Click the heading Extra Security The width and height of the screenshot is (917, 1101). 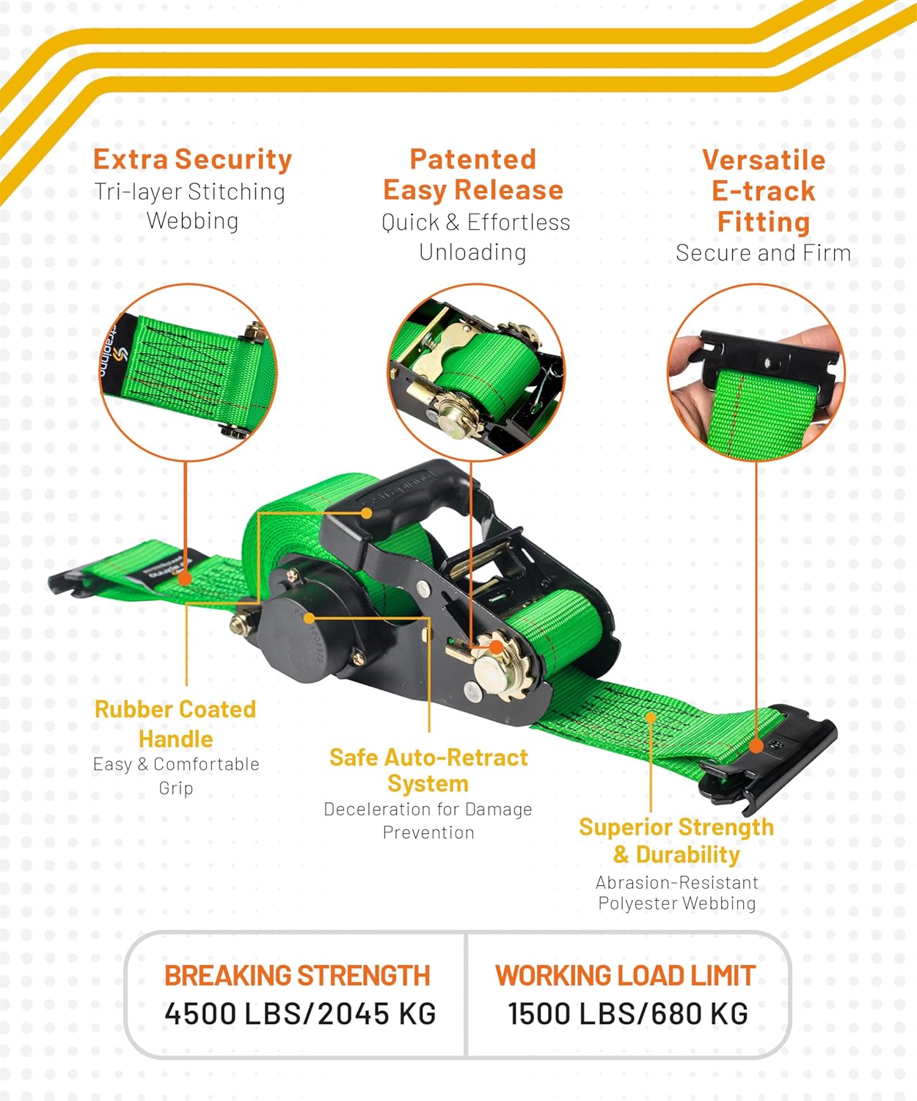pyautogui.click(x=192, y=159)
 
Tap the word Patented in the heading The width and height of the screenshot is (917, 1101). pyautogui.click(x=472, y=159)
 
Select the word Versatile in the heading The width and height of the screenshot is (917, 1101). pyautogui.click(x=763, y=160)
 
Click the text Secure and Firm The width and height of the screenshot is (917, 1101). pyautogui.click(x=763, y=253)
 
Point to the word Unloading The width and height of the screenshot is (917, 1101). pyautogui.click(x=472, y=252)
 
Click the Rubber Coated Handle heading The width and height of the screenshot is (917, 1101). pyautogui.click(x=175, y=724)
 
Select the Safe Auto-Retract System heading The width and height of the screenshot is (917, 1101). pyautogui.click(x=428, y=770)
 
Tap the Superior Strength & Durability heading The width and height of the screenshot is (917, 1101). pyautogui.click(x=676, y=840)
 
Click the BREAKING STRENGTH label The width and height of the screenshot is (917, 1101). pyautogui.click(x=297, y=975)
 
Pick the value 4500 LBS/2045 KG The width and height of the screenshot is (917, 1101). pyautogui.click(x=300, y=1014)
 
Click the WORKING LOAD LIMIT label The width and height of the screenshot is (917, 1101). pyautogui.click(x=625, y=975)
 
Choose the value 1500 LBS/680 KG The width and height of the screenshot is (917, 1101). pyautogui.click(x=628, y=1014)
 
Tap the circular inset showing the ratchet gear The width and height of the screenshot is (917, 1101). pyautogui.click(x=475, y=372)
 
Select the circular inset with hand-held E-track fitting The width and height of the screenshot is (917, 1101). pyautogui.click(x=756, y=372)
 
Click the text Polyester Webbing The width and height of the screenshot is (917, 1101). pyautogui.click(x=676, y=904)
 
